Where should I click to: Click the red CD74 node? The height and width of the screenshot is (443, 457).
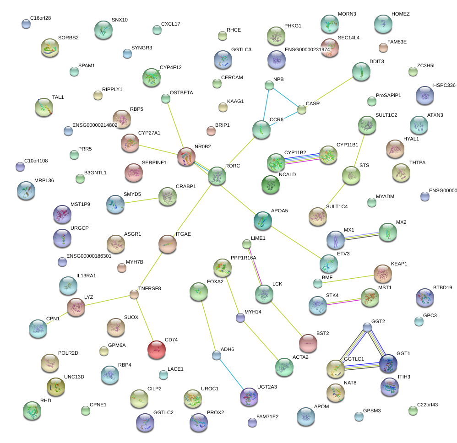point(157,350)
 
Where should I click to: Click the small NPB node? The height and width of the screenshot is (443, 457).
point(269,85)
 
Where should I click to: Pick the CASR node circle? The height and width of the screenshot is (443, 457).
point(302,109)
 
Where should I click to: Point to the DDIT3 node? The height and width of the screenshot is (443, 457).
point(361,72)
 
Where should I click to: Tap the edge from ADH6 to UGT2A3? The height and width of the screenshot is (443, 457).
point(232,374)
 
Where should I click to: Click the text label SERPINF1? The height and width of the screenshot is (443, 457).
point(154,162)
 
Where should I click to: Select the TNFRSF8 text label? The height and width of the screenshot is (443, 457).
point(149,288)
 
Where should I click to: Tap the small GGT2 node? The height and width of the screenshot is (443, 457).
point(367,327)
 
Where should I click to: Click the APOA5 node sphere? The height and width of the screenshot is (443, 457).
point(262,221)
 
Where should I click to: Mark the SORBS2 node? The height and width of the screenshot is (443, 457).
point(50,48)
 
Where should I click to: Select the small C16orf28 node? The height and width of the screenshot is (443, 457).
point(26,24)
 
